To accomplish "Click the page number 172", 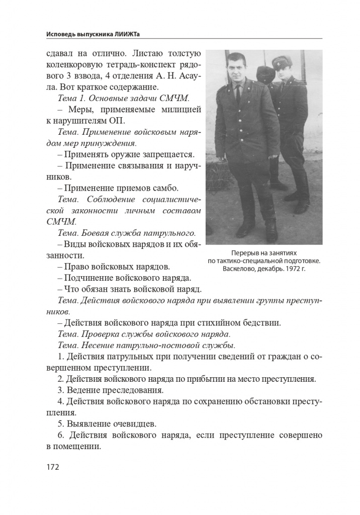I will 53,467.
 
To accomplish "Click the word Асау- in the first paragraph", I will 186,76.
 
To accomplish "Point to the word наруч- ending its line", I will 186,165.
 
